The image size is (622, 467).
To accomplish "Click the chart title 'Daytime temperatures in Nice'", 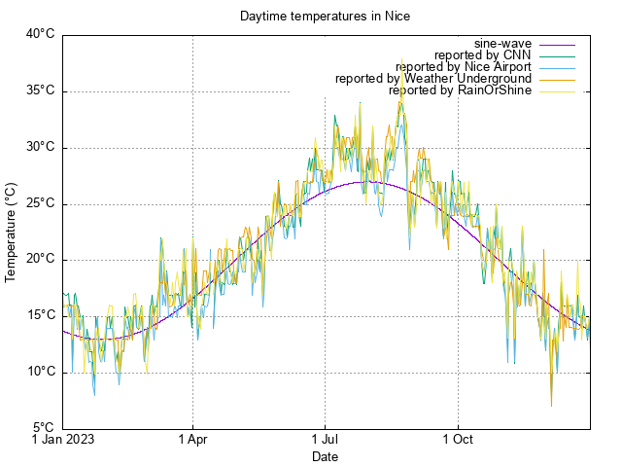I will [x=326, y=17].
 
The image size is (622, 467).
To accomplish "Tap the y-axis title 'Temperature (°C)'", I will [x=12, y=231].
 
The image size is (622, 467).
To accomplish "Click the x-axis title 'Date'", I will [x=326, y=456].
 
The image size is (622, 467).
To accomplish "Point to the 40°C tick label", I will [x=40, y=35].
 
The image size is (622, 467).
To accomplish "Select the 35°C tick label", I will [x=40, y=91].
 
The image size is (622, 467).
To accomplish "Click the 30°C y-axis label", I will [x=40, y=148].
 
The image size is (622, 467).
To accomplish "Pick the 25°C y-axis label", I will [x=40, y=204].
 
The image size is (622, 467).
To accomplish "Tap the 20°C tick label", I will [x=40, y=260].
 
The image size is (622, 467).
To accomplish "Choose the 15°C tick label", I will [x=40, y=315].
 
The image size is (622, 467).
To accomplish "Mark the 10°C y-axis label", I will [x=40, y=372].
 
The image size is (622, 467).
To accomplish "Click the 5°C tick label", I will [x=43, y=428].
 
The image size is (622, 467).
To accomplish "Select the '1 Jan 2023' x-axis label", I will [x=63, y=439].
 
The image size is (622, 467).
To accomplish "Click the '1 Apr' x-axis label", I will [x=192, y=439].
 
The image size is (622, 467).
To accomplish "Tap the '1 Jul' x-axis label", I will [x=325, y=439].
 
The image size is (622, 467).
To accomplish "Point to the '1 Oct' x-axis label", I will [x=457, y=439].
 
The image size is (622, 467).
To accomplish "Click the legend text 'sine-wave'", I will [x=503, y=44].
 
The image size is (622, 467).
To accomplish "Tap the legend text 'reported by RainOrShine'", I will [x=460, y=90].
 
